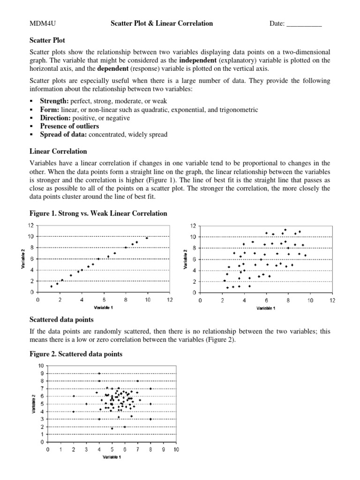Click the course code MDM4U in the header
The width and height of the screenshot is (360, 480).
[40, 23]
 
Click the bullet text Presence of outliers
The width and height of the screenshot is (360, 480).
[69, 126]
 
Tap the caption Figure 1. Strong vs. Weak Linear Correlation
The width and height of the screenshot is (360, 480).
[98, 213]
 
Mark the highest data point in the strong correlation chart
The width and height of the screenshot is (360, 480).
[147, 238]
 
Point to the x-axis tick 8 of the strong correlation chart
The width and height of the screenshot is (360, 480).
[126, 300]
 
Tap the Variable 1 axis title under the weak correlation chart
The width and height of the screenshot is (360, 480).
[266, 308]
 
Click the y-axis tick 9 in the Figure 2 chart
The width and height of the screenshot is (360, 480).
[41, 373]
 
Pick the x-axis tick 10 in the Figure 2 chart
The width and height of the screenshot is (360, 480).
[176, 450]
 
